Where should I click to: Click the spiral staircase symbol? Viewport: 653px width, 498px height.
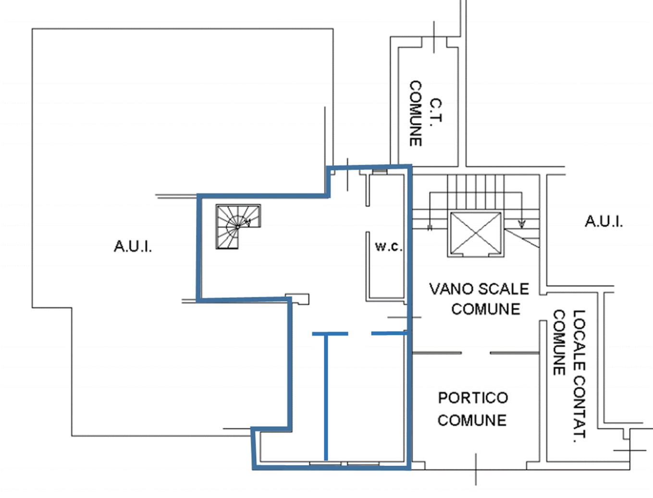click(x=238, y=226)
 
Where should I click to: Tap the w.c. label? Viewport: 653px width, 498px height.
click(x=389, y=246)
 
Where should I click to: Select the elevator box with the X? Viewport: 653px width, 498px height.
click(x=476, y=234)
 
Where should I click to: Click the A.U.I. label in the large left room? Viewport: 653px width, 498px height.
click(x=133, y=246)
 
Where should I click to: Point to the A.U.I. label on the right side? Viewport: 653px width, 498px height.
click(x=604, y=221)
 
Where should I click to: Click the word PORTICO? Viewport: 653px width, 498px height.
click(x=473, y=398)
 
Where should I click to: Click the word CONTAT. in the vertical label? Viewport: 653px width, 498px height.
click(x=579, y=406)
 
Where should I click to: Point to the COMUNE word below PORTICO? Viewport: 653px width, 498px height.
click(x=472, y=420)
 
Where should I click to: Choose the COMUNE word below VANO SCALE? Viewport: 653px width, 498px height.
click(x=486, y=309)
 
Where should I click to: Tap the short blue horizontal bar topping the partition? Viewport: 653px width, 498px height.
click(x=330, y=334)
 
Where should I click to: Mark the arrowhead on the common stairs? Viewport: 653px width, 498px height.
click(x=522, y=224)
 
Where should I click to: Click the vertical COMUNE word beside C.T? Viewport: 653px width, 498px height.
click(x=416, y=113)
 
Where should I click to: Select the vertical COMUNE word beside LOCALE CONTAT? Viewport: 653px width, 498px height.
click(x=559, y=342)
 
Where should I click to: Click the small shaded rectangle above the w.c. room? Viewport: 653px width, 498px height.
click(x=380, y=171)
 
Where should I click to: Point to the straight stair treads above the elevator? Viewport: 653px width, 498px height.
click(x=476, y=192)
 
